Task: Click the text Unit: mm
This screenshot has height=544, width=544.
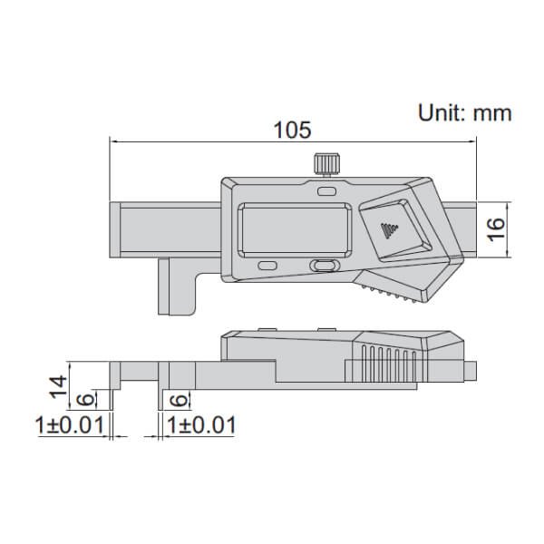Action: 464,113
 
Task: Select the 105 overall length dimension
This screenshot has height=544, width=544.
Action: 293,130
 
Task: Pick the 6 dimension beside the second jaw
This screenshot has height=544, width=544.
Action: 178,399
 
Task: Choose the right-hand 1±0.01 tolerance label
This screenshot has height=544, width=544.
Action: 202,424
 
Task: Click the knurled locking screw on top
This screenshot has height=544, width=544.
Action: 325,165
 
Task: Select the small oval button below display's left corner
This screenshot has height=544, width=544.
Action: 267,265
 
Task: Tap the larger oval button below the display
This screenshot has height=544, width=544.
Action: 322,266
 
